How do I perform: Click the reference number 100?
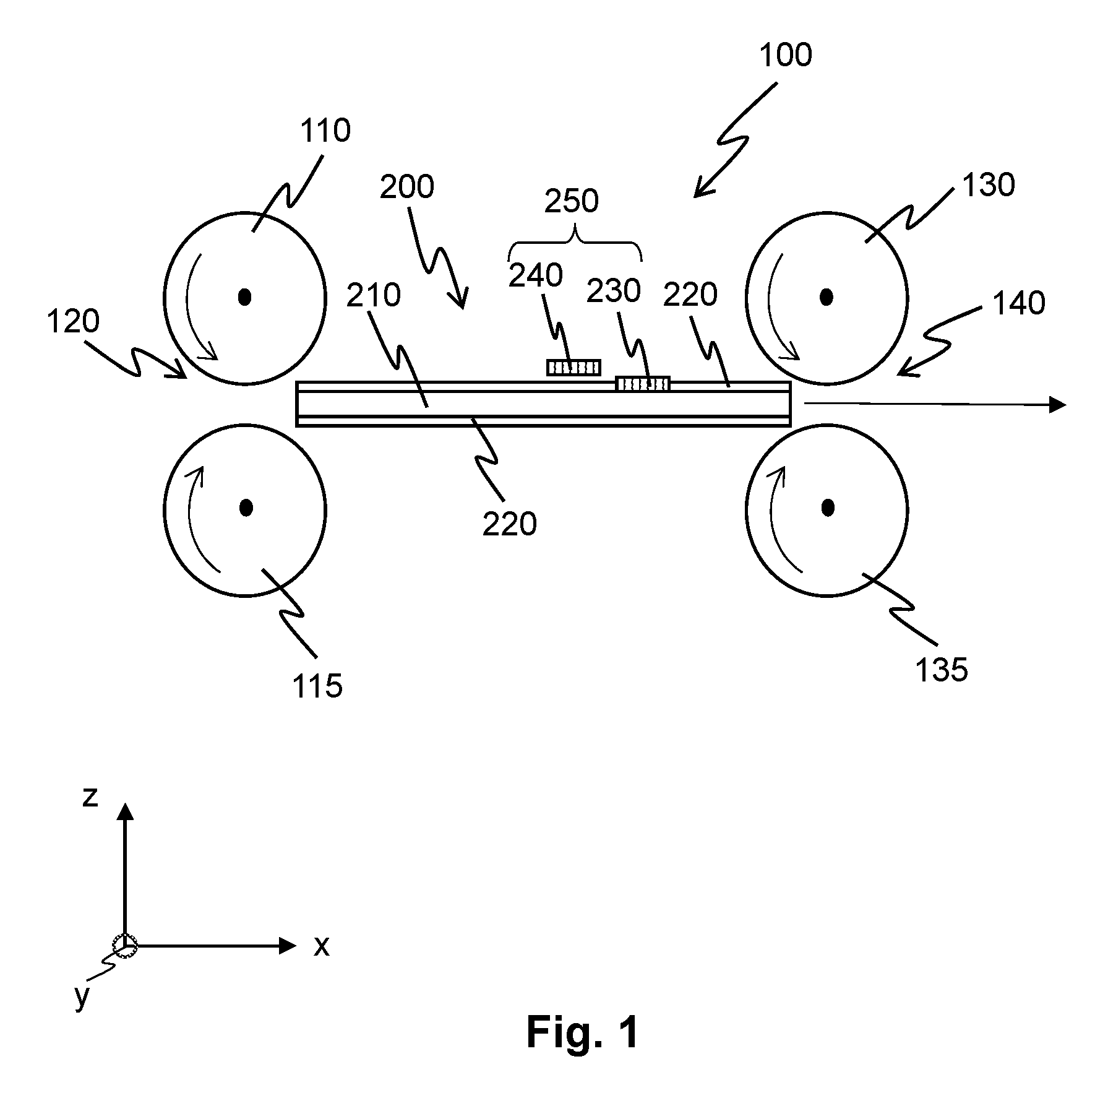[x=785, y=55]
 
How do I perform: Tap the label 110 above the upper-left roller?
[x=325, y=131]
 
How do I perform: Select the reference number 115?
[x=317, y=686]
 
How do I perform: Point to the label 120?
[x=73, y=322]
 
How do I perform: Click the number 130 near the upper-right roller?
[x=989, y=185]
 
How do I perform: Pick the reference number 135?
[x=941, y=670]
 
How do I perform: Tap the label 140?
[x=1018, y=304]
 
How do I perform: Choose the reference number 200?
[x=406, y=187]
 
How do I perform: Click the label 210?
[x=373, y=296]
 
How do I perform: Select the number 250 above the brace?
[x=571, y=202]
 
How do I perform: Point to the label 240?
[x=535, y=275]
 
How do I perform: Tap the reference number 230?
[x=613, y=291]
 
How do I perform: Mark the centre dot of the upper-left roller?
[x=246, y=298]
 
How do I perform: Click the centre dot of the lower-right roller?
[x=828, y=508]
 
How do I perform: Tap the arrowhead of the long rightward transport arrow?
[x=1059, y=405]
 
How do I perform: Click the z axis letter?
[x=90, y=797]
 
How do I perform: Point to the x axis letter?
[x=321, y=946]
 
